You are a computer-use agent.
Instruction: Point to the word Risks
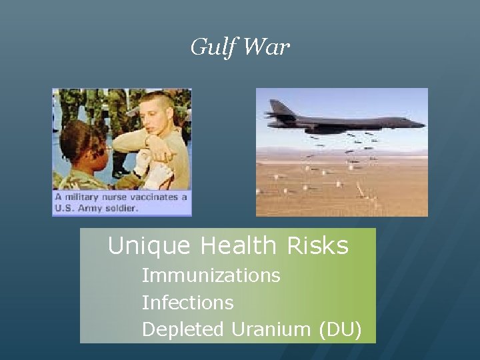[317, 246]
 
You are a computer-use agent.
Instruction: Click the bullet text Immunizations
[211, 275]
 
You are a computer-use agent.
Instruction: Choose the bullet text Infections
[187, 303]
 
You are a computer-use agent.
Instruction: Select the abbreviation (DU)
[339, 329]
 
